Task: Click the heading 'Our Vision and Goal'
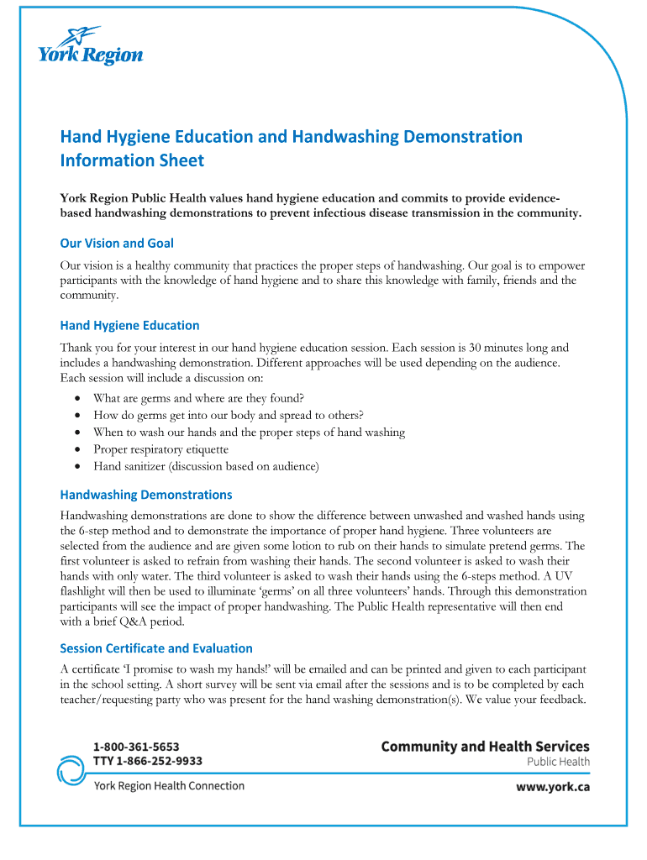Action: point(117,243)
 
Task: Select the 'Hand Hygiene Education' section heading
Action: point(129,325)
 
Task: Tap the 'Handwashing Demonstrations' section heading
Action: point(145,495)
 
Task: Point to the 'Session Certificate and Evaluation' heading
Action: point(155,648)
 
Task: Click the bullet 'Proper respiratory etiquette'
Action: point(160,449)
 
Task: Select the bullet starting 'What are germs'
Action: point(198,398)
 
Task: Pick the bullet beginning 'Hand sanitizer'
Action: point(206,466)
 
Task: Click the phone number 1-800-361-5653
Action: point(136,746)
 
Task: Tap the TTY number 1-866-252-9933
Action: point(148,761)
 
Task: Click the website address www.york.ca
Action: point(551,788)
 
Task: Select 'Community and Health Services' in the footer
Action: point(485,746)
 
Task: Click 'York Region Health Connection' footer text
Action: point(169,786)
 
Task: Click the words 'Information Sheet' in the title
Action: point(132,160)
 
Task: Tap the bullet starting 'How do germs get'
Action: point(229,415)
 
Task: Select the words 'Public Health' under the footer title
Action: point(558,763)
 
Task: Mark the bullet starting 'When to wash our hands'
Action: point(249,433)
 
